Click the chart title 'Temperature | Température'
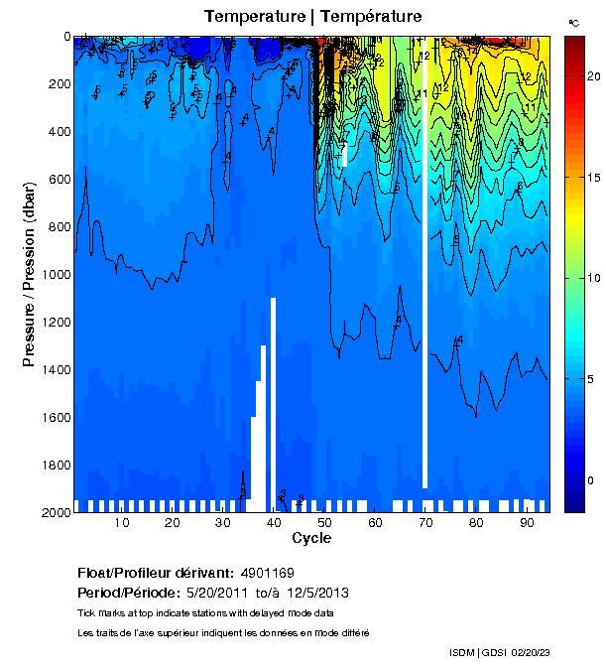pos(313,16)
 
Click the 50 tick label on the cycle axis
pos(323,523)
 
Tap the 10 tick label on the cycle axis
pos(122,523)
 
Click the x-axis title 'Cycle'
pos(311,538)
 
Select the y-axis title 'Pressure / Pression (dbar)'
pos(30,273)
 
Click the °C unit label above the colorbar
pos(573,22)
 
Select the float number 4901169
pos(267,574)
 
